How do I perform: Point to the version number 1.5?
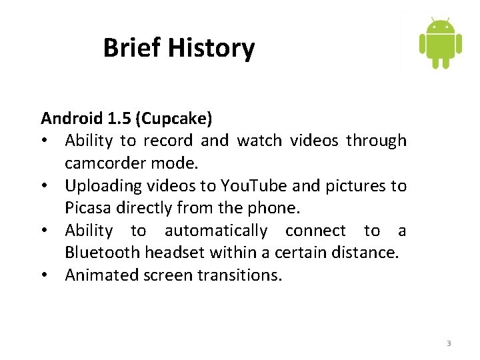pyautogui.click(x=119, y=119)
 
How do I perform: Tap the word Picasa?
pyautogui.click(x=88, y=208)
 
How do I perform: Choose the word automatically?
pyautogui.click(x=216, y=231)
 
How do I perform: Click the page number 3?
pyautogui.click(x=449, y=343)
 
